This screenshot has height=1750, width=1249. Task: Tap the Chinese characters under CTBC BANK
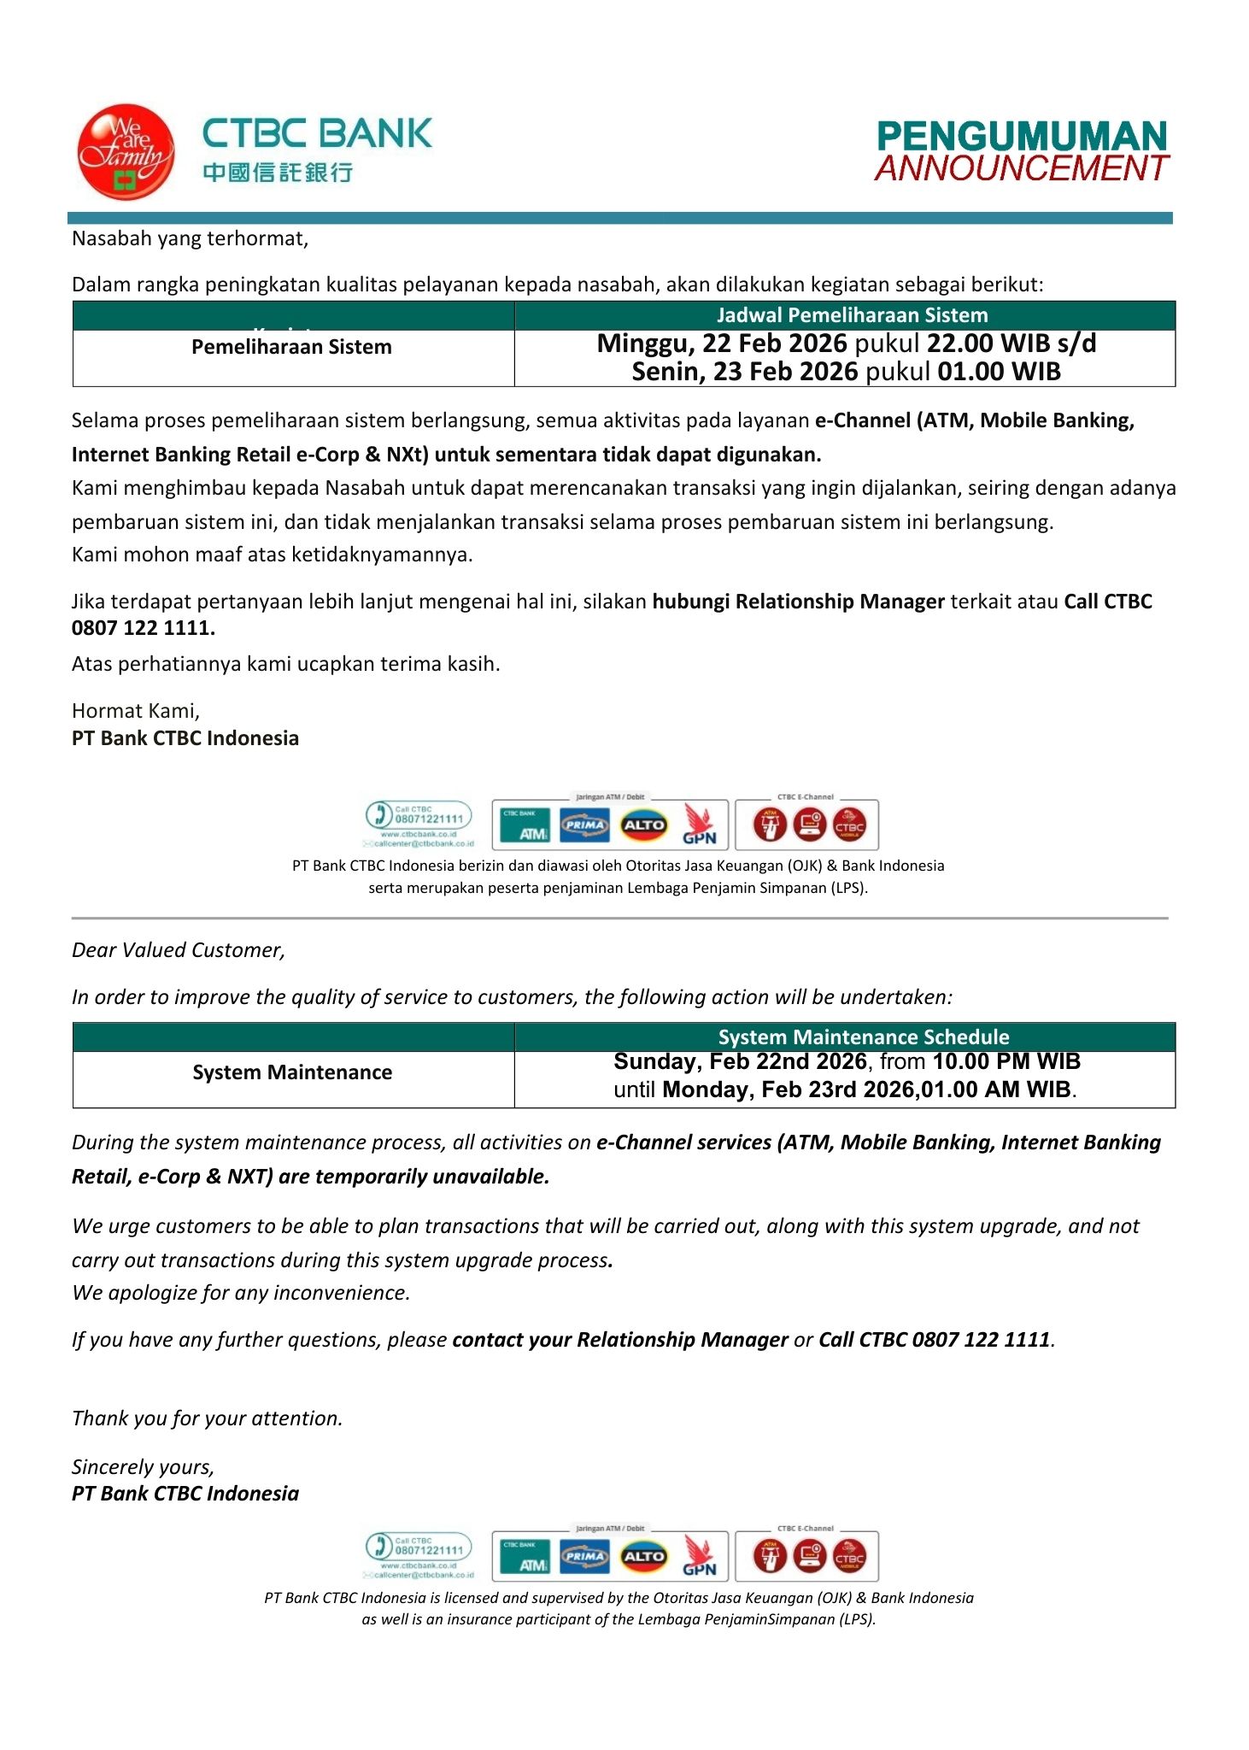tap(278, 173)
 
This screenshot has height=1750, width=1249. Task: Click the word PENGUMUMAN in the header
tap(1022, 137)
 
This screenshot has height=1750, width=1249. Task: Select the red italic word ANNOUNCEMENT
tap(1022, 168)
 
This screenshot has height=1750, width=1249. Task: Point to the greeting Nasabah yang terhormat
tap(190, 238)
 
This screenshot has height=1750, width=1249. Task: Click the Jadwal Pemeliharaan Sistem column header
tap(852, 315)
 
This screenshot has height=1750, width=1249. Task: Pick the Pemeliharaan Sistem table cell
tap(291, 347)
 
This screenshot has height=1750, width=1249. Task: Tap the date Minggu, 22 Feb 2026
tap(722, 344)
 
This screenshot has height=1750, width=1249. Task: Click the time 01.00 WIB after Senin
tap(999, 372)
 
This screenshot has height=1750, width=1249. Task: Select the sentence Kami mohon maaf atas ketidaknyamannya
tap(272, 555)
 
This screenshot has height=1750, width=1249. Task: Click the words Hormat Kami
tap(135, 711)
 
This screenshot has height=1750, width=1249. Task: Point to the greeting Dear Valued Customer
tap(178, 950)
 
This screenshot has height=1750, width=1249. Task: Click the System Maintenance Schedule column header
tap(863, 1037)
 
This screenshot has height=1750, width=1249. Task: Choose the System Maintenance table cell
tap(292, 1072)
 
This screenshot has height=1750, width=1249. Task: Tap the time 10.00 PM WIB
tap(1006, 1061)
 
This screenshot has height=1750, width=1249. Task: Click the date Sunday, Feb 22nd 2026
tap(740, 1061)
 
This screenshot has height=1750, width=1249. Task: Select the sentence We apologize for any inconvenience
tap(241, 1293)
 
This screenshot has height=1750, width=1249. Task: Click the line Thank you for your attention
tap(207, 1418)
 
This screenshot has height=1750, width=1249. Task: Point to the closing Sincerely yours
tap(143, 1467)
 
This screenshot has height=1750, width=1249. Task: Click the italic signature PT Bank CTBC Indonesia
tap(185, 1494)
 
